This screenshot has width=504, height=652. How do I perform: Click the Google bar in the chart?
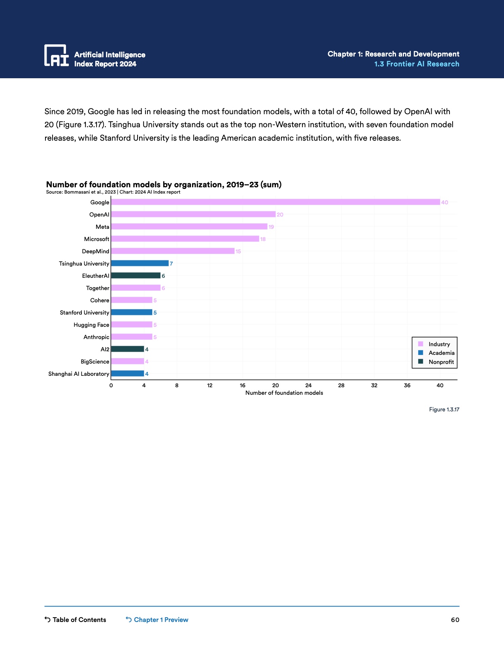tap(275, 202)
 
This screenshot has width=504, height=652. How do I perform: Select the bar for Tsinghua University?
tap(140, 264)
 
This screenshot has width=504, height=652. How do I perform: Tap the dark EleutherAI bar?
tap(136, 276)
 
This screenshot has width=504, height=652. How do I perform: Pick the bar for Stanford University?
tap(131, 313)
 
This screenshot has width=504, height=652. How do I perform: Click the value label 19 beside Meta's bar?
tap(271, 227)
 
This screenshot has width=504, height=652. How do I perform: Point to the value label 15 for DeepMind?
tap(238, 251)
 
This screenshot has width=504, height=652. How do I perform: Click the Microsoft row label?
tap(96, 239)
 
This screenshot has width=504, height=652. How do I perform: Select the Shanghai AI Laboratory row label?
tap(79, 374)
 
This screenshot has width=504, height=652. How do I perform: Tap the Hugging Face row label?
tap(91, 325)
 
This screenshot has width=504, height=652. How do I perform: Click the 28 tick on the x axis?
tap(341, 385)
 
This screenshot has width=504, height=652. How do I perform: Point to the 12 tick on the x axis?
tap(210, 385)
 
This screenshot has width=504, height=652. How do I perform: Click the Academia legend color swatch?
tap(421, 353)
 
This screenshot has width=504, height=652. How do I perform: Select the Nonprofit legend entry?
tap(441, 362)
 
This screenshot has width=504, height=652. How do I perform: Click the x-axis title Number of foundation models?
tap(284, 393)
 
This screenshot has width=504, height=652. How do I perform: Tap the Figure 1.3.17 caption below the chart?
tap(444, 409)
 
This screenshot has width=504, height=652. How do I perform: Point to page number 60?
tap(455, 620)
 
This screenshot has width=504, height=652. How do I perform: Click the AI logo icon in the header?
tap(56, 55)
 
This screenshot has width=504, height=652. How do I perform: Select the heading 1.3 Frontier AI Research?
tap(417, 64)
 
